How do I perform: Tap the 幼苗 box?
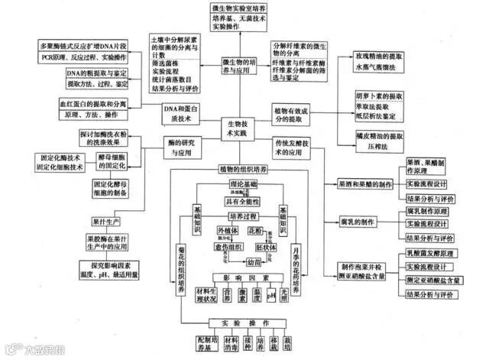coord(244,260)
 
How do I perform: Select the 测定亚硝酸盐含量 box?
coord(432,279)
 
